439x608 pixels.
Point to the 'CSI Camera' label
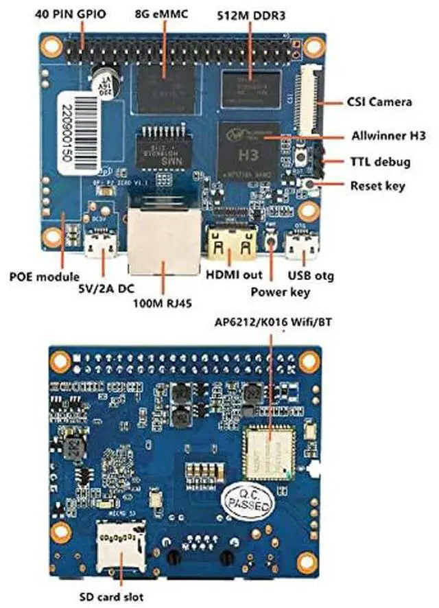pos(379,103)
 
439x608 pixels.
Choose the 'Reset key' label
pos(377,185)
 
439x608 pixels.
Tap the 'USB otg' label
pos(311,276)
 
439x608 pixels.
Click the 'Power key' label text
pos(279,292)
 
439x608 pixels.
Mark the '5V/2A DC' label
pos(104,289)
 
